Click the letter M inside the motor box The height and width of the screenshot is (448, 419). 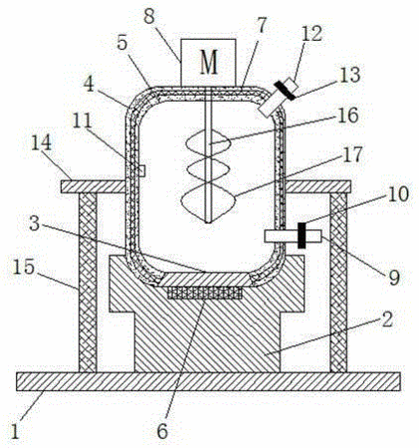point(209,62)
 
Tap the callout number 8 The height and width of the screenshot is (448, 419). point(149,16)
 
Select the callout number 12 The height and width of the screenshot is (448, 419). point(312,34)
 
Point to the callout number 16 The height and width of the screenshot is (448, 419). point(348,115)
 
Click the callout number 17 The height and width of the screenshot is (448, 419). point(353,155)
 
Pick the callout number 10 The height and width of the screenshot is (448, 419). point(398,194)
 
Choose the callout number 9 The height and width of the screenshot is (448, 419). point(394,277)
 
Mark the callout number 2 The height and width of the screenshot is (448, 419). point(387,320)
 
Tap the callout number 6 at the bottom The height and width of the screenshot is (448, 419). point(162,431)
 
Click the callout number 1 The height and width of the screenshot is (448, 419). point(14,431)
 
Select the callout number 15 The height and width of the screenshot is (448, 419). point(24,267)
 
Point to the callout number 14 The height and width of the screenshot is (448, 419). point(42,142)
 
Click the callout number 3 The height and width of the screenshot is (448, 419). point(35,224)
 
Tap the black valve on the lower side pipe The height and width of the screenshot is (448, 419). point(302,235)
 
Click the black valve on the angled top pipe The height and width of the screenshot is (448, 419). point(285,91)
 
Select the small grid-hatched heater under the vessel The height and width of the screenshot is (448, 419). point(205,293)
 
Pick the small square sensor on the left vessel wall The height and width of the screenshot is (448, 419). point(142,171)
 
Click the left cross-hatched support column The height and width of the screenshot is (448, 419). point(88,283)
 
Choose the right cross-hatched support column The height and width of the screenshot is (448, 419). point(338,283)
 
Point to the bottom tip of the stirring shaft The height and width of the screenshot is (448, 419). point(208,222)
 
